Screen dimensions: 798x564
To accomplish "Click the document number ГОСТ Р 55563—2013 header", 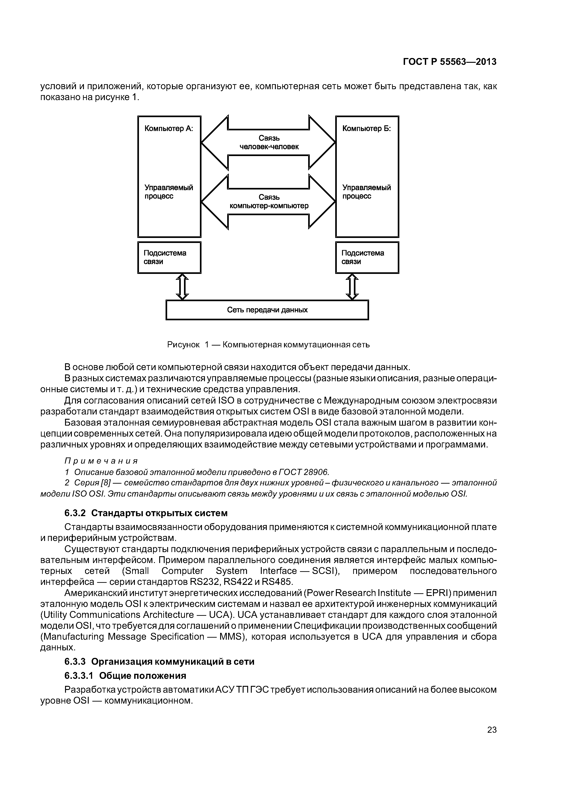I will click(x=450, y=62).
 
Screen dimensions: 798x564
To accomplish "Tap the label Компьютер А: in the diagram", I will click(x=169, y=129).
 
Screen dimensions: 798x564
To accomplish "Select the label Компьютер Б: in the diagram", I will click(x=366, y=129).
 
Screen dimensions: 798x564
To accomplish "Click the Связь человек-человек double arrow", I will click(x=269, y=142).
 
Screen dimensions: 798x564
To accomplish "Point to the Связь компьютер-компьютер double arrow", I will click(x=269, y=202).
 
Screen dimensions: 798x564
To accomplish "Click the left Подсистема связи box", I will click(x=169, y=258).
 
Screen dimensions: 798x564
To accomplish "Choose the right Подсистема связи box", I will click(x=367, y=258).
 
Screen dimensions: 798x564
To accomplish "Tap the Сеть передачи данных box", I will click(x=267, y=310).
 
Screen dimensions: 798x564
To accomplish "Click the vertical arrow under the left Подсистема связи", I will click(x=183, y=287).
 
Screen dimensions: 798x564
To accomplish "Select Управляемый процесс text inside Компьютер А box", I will click(x=169, y=192).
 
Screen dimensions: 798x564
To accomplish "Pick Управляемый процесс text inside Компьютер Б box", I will click(x=366, y=192).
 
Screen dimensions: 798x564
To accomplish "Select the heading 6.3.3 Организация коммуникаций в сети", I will click(x=159, y=662).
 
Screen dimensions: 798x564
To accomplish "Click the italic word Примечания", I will click(x=101, y=461).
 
